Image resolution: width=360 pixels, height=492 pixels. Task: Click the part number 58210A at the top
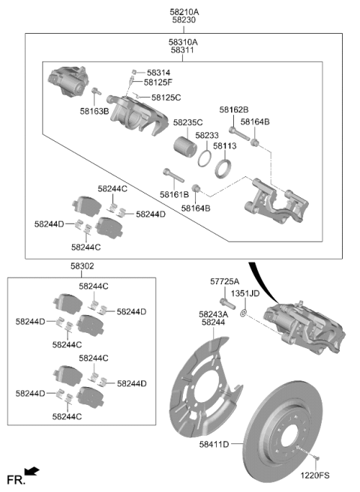coord(184,12)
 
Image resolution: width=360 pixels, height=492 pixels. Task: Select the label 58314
coord(158,73)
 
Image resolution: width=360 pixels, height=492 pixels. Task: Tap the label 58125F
coord(158,82)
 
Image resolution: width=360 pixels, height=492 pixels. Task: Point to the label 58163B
coord(94,111)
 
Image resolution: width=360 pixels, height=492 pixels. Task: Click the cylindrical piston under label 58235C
coord(185,147)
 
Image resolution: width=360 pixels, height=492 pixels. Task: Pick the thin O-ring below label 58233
coord(205,158)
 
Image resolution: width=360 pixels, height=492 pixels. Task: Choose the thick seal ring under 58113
coord(223,169)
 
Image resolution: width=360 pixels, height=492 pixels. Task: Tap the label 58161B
coord(174,194)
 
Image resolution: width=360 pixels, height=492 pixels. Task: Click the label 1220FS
coord(315,475)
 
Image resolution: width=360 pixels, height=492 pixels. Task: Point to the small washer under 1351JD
coord(243,313)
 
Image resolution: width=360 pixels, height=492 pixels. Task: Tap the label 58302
coord(82,266)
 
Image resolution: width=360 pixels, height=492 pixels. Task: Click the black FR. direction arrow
coord(32,470)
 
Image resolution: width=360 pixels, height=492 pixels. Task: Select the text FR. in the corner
coord(16,480)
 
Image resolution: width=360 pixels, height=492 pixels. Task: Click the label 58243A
coord(214,314)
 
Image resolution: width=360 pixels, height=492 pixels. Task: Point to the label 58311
coord(182,50)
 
